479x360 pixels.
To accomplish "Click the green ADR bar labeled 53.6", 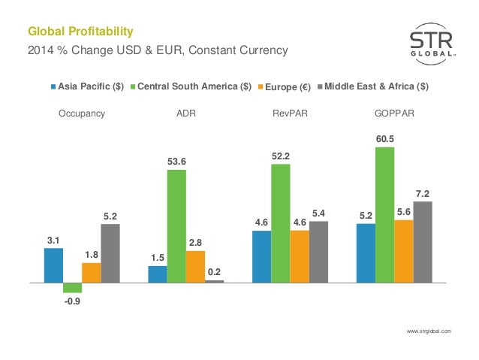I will pyautogui.click(x=176, y=225).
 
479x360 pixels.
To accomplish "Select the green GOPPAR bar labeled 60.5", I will pyautogui.click(x=384, y=214).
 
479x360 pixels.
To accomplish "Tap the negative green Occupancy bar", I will pyautogui.click(x=73, y=287).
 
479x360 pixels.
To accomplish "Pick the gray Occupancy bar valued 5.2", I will pyautogui.click(x=110, y=253).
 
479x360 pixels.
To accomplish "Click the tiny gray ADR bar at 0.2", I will pyautogui.click(x=214, y=281).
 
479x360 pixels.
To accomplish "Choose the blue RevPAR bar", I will pyautogui.click(x=261, y=256).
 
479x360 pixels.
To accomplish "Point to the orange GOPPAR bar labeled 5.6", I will pyautogui.click(x=402, y=251).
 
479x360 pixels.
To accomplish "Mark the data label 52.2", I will pyautogui.click(x=280, y=155).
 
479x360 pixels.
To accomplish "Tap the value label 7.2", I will pyautogui.click(x=422, y=193).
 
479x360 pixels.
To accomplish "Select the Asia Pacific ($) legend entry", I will pyautogui.click(x=88, y=86).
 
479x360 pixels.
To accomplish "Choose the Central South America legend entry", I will pyautogui.click(x=190, y=86).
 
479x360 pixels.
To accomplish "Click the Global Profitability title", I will pyautogui.click(x=80, y=32).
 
